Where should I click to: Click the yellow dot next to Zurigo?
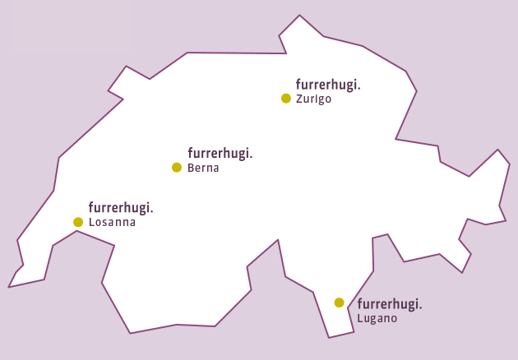pos(286,99)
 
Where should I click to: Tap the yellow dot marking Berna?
pos(176,168)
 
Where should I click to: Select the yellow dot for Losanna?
pos(78,222)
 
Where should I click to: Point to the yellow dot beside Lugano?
pos(339,302)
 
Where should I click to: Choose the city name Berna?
pos(203,168)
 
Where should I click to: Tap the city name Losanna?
pos(112,222)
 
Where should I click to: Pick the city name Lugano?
pos(377,319)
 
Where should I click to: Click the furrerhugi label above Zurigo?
pos(328,85)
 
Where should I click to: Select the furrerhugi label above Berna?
pos(220,153)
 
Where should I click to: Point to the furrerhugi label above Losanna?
pos(121,207)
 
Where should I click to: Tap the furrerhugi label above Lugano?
pos(390,304)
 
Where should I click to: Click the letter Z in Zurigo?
pos(298,99)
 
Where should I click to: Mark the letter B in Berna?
pos(191,168)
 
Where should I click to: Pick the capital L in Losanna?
pos(90,222)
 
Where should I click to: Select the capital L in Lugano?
pos(360,319)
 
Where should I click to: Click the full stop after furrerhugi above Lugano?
pos(420,308)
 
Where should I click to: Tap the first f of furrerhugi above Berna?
pos(190,152)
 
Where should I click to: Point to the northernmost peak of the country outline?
pos(299,16)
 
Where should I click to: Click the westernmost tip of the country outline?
pos(9,287)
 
